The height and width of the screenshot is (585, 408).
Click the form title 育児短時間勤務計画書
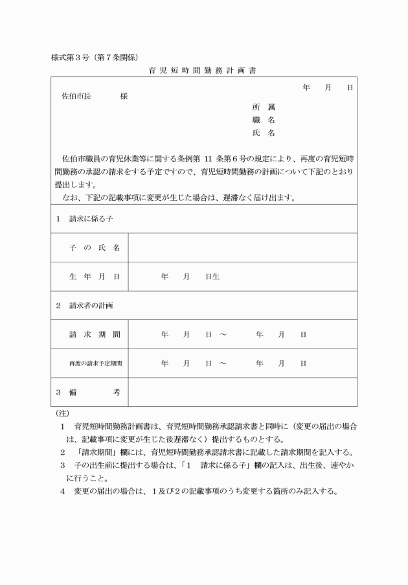(202, 71)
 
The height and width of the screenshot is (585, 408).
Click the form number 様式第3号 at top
(71, 56)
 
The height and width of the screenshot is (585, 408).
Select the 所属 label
(264, 107)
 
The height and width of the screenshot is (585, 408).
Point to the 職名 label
(264, 120)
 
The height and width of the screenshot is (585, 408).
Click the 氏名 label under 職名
(264, 133)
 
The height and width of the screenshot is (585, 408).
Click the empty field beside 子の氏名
(243, 248)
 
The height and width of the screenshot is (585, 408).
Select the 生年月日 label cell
(95, 277)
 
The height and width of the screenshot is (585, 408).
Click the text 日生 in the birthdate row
(212, 277)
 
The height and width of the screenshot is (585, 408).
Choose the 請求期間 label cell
(95, 335)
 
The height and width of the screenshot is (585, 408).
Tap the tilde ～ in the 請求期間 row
(223, 335)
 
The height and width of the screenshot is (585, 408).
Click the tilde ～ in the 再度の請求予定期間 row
(223, 363)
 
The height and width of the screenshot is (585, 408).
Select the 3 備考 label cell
(89, 393)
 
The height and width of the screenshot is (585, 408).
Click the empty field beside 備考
(243, 393)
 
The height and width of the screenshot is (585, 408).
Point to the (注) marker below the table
(63, 413)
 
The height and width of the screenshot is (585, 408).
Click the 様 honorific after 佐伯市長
(124, 96)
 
